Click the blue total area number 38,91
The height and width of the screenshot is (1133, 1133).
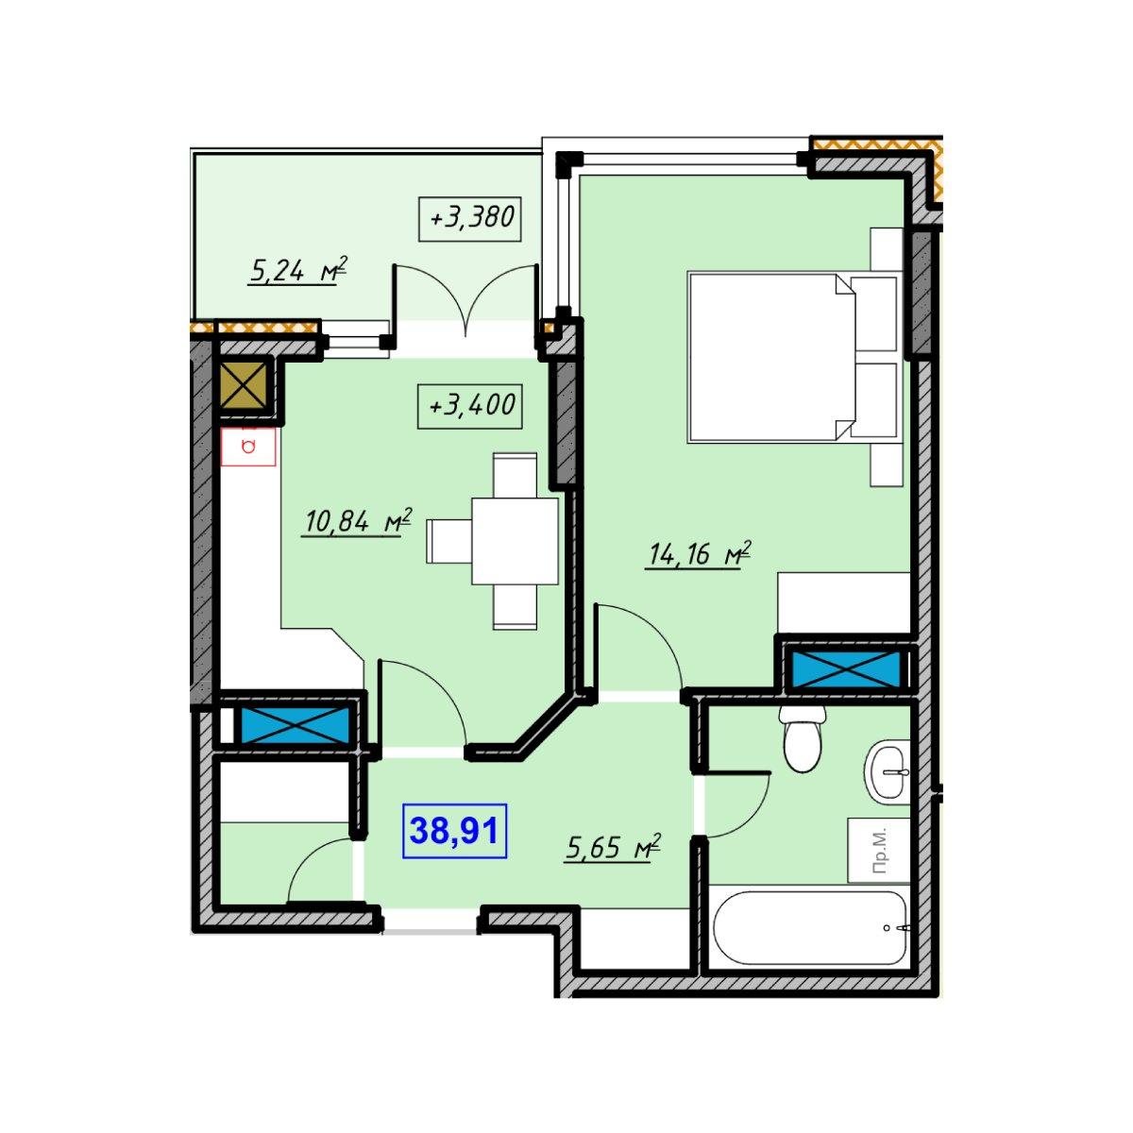(454, 831)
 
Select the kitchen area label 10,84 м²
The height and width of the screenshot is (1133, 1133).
(357, 521)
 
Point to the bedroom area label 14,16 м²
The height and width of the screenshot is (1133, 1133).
(699, 553)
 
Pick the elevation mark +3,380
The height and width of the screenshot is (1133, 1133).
(470, 219)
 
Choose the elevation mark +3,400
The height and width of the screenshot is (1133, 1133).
(470, 406)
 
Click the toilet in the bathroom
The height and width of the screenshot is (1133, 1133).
(803, 739)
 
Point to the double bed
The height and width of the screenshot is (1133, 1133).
(794, 357)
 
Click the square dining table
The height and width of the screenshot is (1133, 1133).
(516, 541)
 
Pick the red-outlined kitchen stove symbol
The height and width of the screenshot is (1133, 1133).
(248, 447)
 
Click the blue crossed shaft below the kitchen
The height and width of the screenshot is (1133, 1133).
(293, 724)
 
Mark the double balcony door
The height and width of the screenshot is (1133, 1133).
(465, 300)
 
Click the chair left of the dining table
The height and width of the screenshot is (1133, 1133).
(449, 541)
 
